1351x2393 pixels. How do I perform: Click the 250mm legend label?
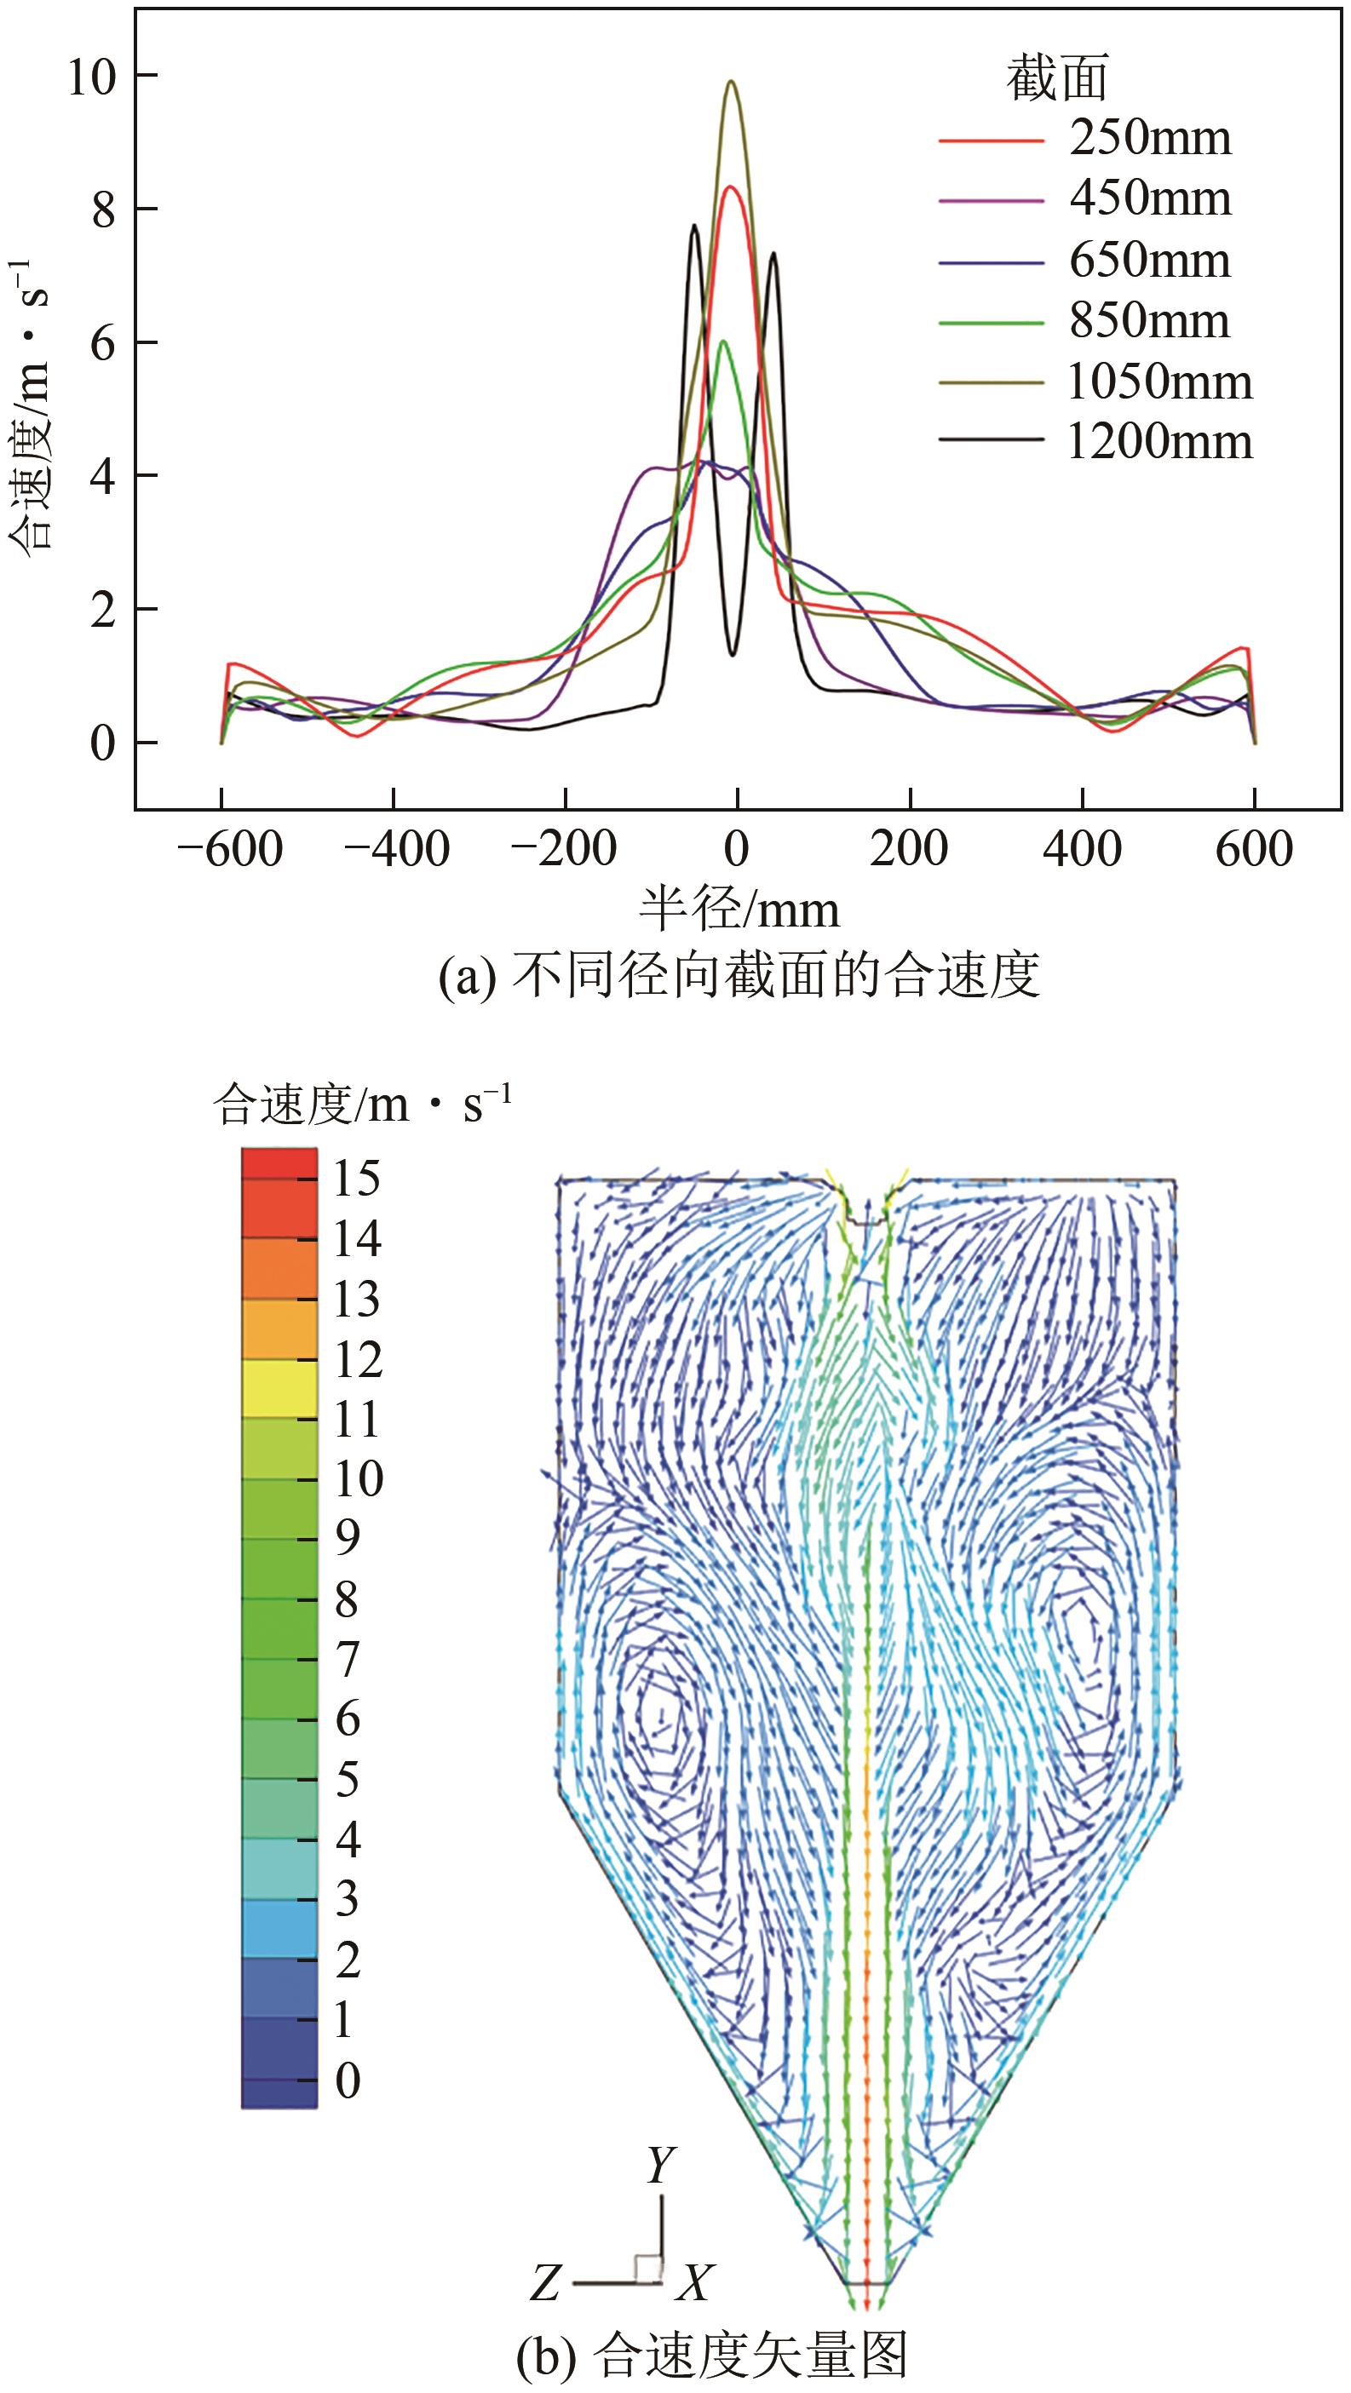pos(1149,139)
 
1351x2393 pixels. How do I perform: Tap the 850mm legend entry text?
pos(1149,320)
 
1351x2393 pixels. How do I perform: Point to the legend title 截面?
pos(1057,78)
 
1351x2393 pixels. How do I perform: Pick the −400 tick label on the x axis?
pos(397,849)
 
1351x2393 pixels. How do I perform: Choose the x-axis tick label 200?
pos(909,849)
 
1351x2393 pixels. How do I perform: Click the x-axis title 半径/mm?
pos(739,910)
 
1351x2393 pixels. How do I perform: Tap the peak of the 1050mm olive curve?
pos(733,82)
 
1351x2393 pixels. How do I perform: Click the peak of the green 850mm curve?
pos(723,341)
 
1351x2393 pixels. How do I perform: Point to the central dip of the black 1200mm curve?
pos(733,655)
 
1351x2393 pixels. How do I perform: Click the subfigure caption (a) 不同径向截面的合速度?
pos(739,975)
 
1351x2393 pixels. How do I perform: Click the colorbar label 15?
pos(357,1179)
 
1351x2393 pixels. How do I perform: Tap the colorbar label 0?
pos(348,2080)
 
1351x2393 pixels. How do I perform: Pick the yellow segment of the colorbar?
pos(279,1389)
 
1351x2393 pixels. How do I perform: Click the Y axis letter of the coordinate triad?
pos(661,2166)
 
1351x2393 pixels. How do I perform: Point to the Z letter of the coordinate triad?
pos(545,2282)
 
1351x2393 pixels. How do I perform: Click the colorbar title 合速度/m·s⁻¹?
pos(362,1105)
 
